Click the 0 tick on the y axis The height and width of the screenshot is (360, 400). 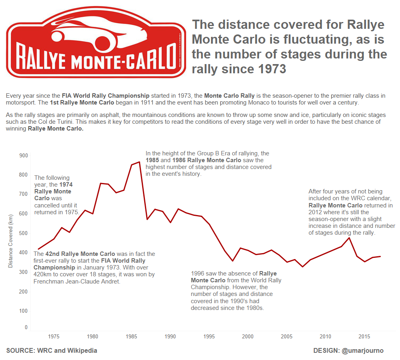(26, 328)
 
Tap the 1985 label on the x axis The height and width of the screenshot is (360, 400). (131, 336)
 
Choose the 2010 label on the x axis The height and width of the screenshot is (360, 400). (326, 336)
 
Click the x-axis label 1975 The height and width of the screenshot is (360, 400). (54, 336)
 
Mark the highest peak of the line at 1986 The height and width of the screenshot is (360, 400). (139, 162)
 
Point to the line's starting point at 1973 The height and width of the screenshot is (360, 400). (38, 249)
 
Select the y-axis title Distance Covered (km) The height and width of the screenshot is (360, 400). (11, 241)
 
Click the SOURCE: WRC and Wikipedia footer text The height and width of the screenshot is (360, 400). (52, 351)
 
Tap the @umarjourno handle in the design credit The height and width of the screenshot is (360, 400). (362, 351)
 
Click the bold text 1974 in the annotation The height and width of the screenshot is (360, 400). (66, 185)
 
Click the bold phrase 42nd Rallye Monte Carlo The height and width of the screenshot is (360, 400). (80, 254)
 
